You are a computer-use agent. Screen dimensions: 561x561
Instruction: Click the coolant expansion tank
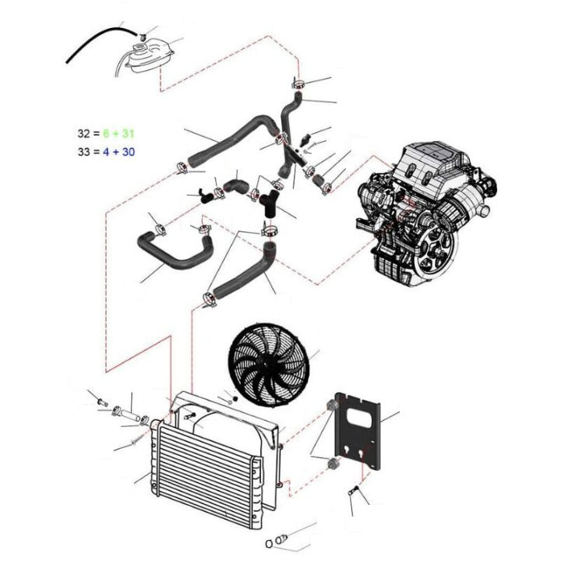point(150,57)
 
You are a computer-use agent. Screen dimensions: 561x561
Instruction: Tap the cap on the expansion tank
point(138,48)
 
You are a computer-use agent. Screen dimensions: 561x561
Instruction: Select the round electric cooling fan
point(267,364)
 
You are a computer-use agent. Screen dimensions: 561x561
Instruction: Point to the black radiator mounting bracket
point(358,431)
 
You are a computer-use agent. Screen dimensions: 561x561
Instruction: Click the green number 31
point(128,133)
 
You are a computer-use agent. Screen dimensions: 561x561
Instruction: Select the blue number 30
point(128,152)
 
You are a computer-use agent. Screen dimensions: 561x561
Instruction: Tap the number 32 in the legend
point(83,133)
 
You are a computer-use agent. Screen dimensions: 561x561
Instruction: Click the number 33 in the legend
point(83,152)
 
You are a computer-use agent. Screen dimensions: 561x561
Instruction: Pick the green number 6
point(106,133)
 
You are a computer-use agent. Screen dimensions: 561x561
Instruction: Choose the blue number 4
point(106,152)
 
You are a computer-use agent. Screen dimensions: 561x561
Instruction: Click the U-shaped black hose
point(175,250)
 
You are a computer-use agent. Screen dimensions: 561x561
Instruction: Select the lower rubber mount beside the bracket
point(333,463)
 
